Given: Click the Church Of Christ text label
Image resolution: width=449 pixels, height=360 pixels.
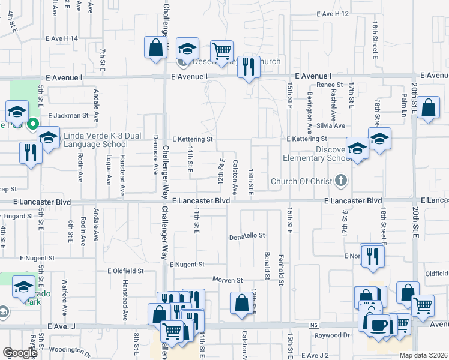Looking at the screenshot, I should [x=301, y=181].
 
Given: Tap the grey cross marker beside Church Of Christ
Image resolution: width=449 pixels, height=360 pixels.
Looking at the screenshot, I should [x=341, y=180].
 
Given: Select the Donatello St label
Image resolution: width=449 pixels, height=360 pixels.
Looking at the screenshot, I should [x=247, y=236].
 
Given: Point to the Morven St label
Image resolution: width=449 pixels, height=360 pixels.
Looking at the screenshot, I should [x=227, y=280].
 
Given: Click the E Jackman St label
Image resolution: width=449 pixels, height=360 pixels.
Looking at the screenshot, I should [x=68, y=115].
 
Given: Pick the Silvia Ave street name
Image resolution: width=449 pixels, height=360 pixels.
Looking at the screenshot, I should [x=331, y=126].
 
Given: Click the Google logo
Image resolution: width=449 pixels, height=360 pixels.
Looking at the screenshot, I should [x=20, y=353].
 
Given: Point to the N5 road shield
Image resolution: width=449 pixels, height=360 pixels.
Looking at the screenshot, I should [x=314, y=325].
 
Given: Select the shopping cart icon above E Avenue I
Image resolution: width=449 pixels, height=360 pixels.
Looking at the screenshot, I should [x=221, y=51].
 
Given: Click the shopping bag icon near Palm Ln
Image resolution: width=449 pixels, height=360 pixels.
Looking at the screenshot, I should [x=429, y=108].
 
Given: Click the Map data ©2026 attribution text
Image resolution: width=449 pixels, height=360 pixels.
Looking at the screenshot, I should [x=423, y=355].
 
